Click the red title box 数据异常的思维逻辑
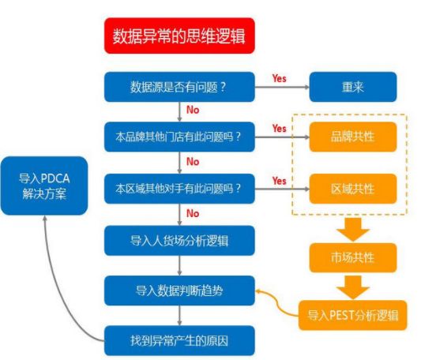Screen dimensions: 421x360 point(179,36)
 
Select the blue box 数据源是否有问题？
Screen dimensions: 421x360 point(179,87)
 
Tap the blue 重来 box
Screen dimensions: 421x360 point(353,87)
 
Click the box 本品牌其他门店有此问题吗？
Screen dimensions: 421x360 point(179,137)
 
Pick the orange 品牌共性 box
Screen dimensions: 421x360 point(353,137)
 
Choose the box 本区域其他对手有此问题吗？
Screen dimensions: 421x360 point(179,189)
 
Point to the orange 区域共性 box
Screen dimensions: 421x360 point(353,189)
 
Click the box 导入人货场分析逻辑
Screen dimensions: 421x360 point(179,241)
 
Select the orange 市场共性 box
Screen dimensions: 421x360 point(353,257)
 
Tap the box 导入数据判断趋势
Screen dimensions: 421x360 point(179,291)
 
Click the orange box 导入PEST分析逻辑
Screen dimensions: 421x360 point(353,315)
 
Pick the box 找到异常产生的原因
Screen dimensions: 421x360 point(179,341)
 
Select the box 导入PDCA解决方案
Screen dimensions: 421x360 point(44,186)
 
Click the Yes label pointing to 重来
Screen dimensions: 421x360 point(280,78)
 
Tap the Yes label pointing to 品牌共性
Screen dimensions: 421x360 point(280,129)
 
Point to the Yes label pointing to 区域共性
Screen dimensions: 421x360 point(280,181)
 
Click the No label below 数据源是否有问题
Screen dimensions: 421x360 point(193,110)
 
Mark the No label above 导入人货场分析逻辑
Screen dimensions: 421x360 point(193,213)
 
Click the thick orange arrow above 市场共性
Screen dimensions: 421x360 point(353,230)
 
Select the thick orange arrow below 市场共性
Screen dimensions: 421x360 point(353,287)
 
